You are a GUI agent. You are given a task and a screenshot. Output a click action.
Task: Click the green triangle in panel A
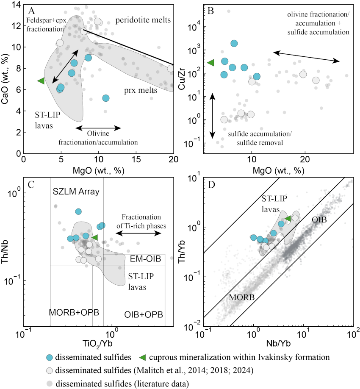(41, 81)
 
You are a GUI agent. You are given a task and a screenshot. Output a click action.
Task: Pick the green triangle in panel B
(210, 63)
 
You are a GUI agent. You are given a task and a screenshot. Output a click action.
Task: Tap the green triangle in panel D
(288, 219)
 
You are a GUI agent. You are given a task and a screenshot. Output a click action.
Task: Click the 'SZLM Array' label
(76, 192)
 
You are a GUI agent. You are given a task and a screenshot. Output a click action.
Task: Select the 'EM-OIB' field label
(145, 259)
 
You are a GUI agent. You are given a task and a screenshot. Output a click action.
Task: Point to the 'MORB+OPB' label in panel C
(74, 312)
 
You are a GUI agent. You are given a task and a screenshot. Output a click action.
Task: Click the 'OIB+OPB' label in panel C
(144, 315)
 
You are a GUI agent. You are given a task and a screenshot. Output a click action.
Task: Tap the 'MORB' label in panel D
(242, 297)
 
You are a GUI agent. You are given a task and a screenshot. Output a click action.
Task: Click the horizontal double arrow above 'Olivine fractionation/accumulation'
(98, 128)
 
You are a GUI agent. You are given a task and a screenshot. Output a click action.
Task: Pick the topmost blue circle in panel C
(78, 211)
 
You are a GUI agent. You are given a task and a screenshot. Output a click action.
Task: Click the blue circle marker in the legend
(50, 357)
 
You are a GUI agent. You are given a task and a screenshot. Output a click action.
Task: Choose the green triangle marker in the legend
(143, 357)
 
